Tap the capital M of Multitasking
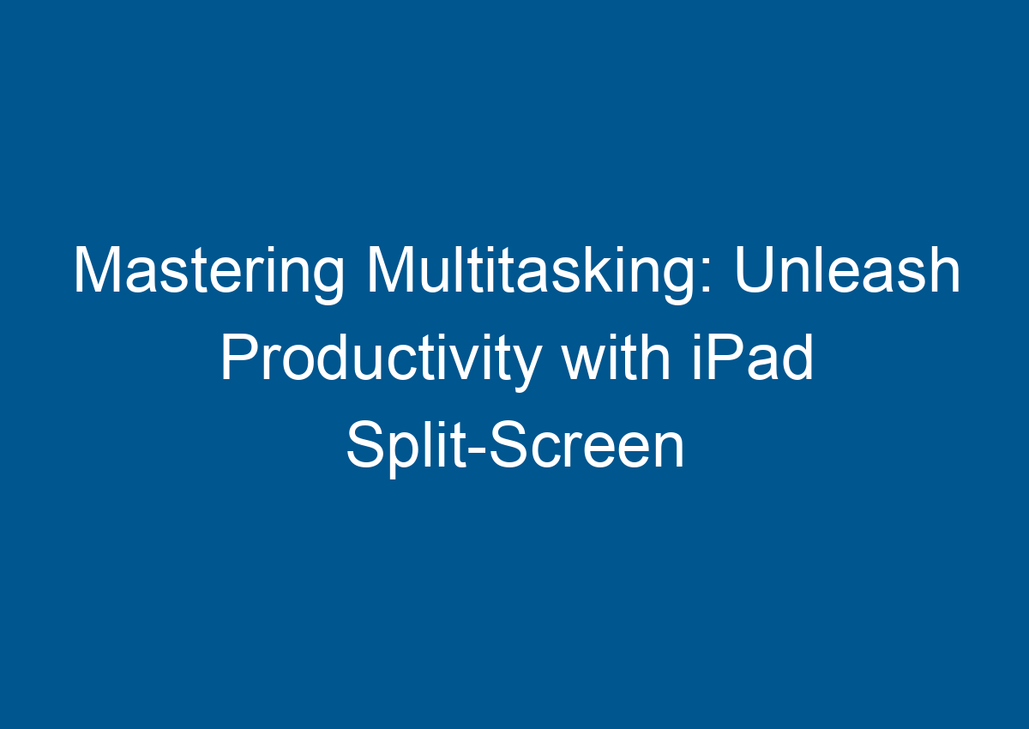coord(391,273)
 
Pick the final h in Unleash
coord(942,273)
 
